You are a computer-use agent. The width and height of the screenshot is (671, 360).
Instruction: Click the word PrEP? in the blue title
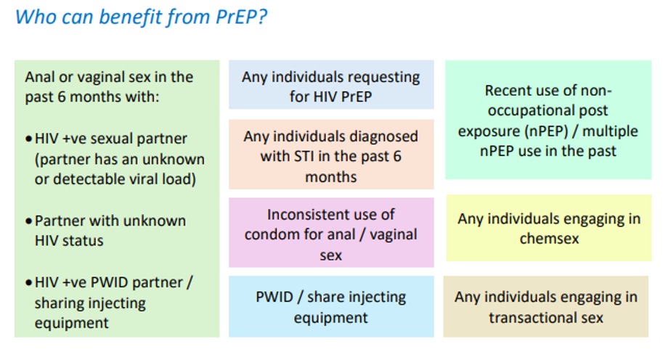241,17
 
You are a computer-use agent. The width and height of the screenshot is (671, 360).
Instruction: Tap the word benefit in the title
131,18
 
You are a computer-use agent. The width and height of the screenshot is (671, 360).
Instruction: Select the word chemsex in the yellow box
549,238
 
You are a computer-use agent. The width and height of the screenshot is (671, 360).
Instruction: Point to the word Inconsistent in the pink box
306,214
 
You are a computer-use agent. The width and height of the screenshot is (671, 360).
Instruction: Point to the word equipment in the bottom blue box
331,319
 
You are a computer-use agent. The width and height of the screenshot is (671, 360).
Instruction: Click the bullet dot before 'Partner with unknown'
28,221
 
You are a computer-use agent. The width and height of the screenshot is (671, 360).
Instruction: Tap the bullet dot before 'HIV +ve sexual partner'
28,139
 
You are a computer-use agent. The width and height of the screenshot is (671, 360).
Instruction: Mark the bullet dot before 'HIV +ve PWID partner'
28,282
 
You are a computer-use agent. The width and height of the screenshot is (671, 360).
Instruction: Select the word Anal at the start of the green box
40,77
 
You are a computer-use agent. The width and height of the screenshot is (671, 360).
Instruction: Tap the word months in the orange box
331,177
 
